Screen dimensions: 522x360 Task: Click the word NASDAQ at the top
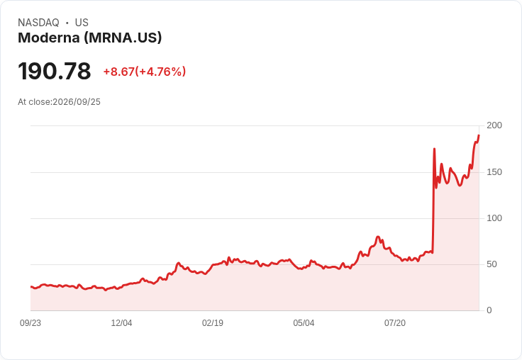(x=38, y=23)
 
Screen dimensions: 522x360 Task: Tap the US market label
(x=82, y=23)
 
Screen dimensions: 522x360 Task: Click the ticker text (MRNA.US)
(x=123, y=38)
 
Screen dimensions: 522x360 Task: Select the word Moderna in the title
(x=49, y=38)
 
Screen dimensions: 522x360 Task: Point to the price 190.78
(x=55, y=71)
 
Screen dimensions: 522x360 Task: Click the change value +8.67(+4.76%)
(x=145, y=72)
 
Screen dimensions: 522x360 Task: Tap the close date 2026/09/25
(x=77, y=102)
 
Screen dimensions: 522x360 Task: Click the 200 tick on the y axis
(x=494, y=125)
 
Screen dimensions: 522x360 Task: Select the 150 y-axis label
(x=494, y=172)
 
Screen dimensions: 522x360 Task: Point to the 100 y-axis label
(x=494, y=218)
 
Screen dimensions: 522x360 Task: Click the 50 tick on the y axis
(x=492, y=264)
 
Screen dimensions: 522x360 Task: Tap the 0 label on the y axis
(x=489, y=310)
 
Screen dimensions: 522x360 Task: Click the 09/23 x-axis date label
(x=30, y=323)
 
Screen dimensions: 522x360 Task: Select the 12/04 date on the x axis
(x=121, y=323)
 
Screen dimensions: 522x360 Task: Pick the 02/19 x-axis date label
(x=212, y=323)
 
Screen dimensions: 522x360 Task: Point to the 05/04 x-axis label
(x=304, y=323)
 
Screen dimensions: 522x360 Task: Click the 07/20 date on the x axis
(x=395, y=323)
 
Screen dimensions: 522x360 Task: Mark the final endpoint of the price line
(x=479, y=135)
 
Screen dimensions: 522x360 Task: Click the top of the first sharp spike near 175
(x=434, y=149)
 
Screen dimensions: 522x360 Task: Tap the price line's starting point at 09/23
(x=31, y=286)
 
